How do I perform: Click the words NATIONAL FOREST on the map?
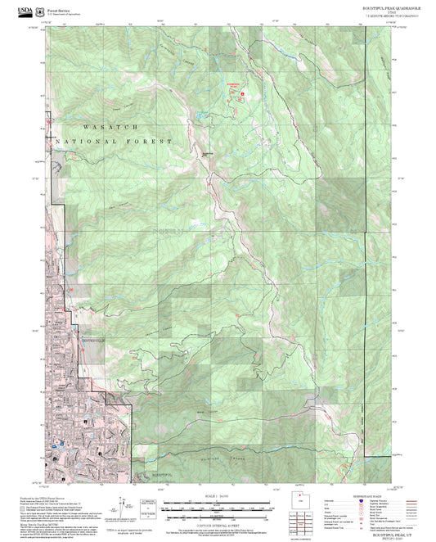click(x=115, y=142)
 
